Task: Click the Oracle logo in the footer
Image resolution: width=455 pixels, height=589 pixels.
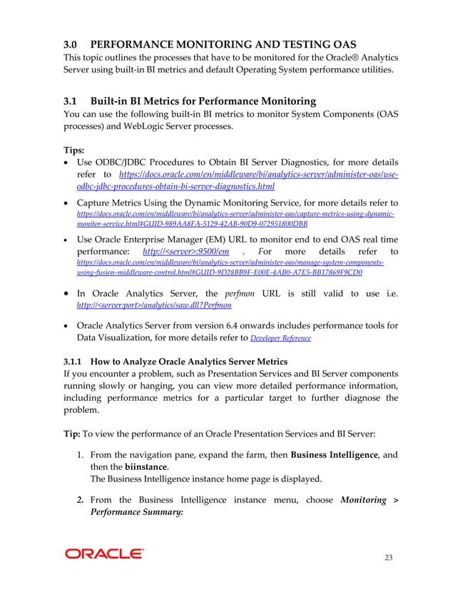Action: pos(104,553)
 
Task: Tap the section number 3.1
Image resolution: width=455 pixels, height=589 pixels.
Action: pos(73,101)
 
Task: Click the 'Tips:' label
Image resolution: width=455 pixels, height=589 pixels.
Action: pos(75,150)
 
